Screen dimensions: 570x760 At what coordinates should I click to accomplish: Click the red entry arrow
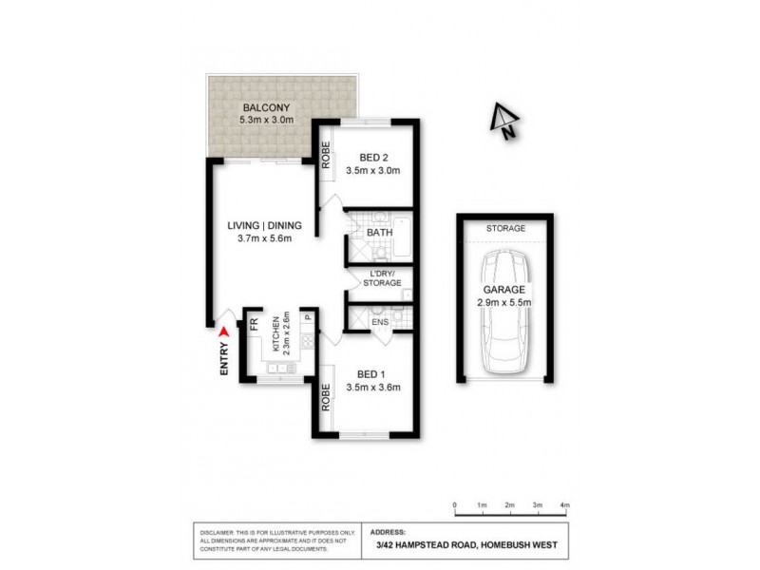click(224, 332)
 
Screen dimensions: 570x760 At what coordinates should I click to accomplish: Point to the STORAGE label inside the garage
click(504, 229)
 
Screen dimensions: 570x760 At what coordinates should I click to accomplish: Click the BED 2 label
click(373, 158)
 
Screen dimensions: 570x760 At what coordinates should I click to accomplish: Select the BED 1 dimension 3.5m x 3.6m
click(374, 387)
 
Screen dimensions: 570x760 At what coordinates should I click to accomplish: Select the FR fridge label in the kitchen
click(254, 323)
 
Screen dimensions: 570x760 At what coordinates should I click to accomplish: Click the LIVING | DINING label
click(264, 225)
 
